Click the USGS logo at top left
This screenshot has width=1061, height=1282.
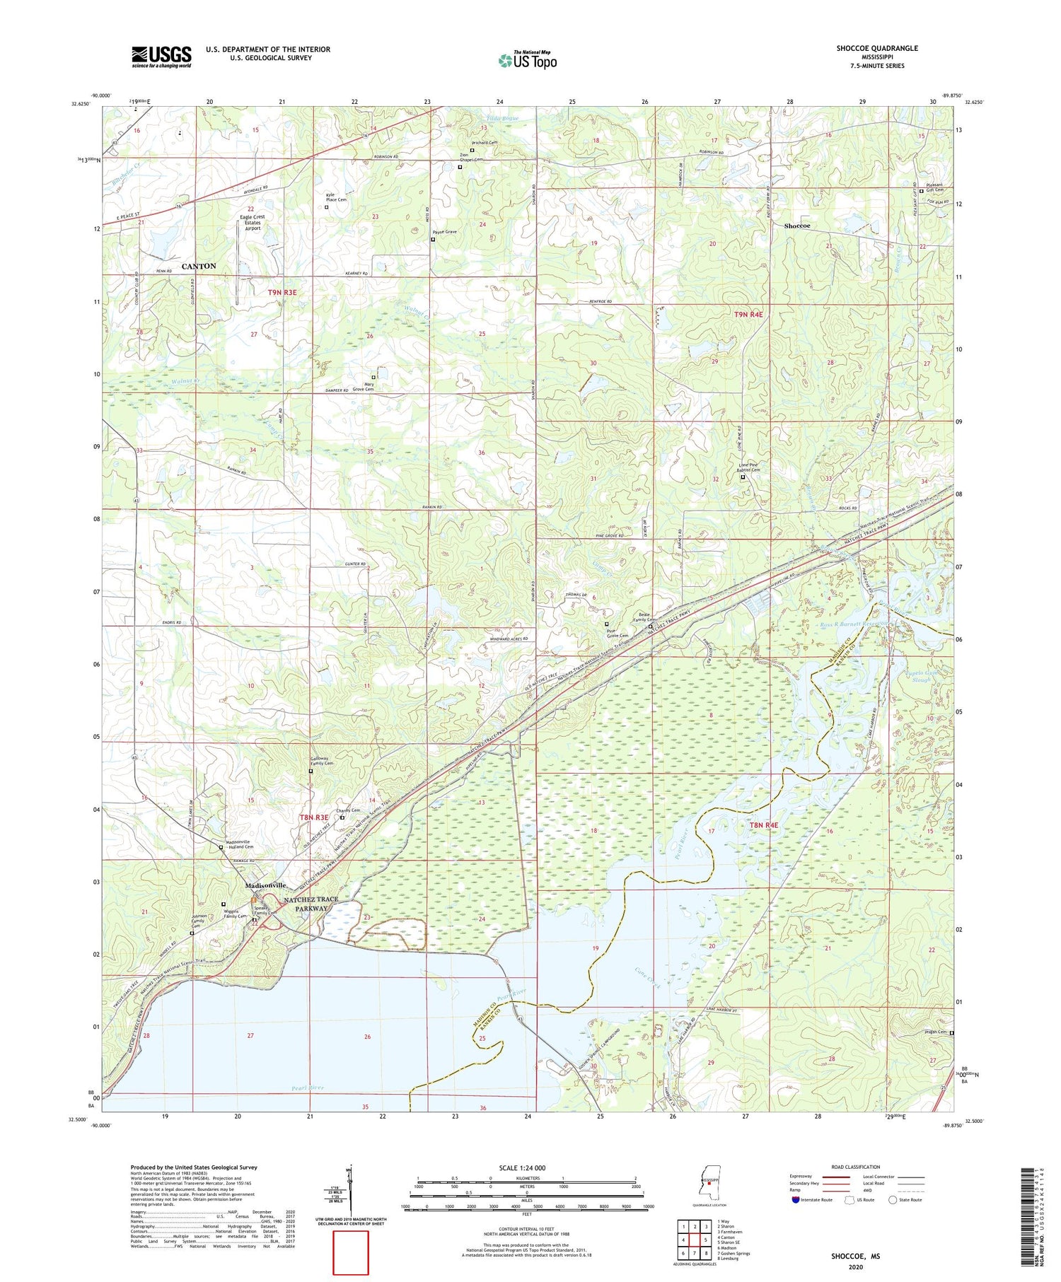(x=161, y=57)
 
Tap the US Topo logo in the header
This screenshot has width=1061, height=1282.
(x=528, y=60)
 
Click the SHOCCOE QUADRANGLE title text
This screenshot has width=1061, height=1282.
(x=876, y=48)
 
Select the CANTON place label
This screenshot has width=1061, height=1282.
(x=199, y=266)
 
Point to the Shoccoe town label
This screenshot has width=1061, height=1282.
(x=796, y=226)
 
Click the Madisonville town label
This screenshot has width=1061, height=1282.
(x=265, y=885)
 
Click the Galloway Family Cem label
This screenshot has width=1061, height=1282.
(x=322, y=762)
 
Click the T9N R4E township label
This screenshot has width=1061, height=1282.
(x=748, y=314)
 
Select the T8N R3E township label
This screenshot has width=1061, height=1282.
(x=314, y=817)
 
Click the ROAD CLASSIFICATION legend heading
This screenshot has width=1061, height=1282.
(x=855, y=1167)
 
